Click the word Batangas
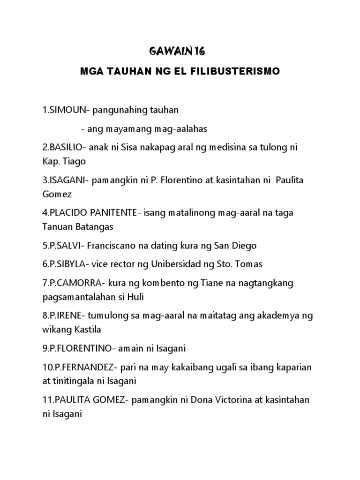[x=96, y=227]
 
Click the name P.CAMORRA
[x=72, y=283]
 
